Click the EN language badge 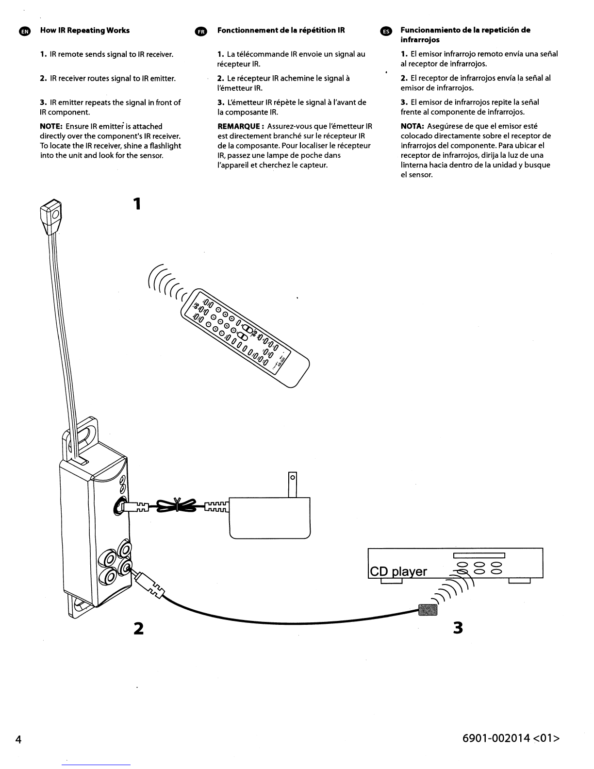[x=25, y=31]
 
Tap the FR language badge [x=200, y=31]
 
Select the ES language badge [x=386, y=31]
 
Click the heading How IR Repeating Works [x=85, y=30]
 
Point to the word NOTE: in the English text [x=51, y=126]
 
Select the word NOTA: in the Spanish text [x=412, y=126]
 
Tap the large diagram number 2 [x=138, y=628]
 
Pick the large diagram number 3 [x=458, y=628]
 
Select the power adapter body [x=269, y=518]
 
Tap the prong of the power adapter [x=292, y=484]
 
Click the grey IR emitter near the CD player [x=428, y=610]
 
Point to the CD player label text [x=398, y=571]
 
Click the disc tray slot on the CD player [x=479, y=556]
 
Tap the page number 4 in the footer [x=18, y=740]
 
